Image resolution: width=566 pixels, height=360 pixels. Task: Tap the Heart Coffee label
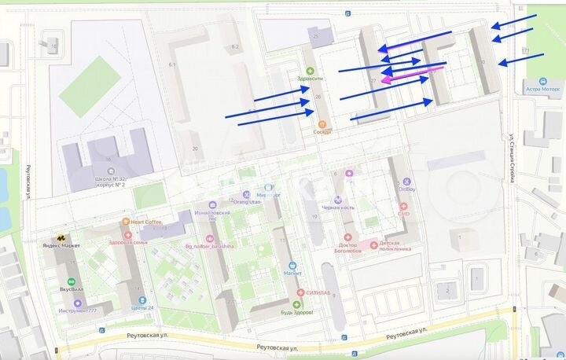coord(146,222)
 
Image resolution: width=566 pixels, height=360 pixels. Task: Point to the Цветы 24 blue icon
coord(141,299)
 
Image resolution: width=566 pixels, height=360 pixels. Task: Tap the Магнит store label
coord(292,274)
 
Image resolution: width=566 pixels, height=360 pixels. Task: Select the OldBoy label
coord(406,189)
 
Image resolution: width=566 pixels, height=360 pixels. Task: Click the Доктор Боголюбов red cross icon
coord(348,237)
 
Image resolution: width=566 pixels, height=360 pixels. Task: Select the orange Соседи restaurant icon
coord(322,124)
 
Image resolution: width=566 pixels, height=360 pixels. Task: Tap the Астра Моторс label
coord(542,90)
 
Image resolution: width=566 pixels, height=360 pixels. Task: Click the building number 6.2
coord(234,47)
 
